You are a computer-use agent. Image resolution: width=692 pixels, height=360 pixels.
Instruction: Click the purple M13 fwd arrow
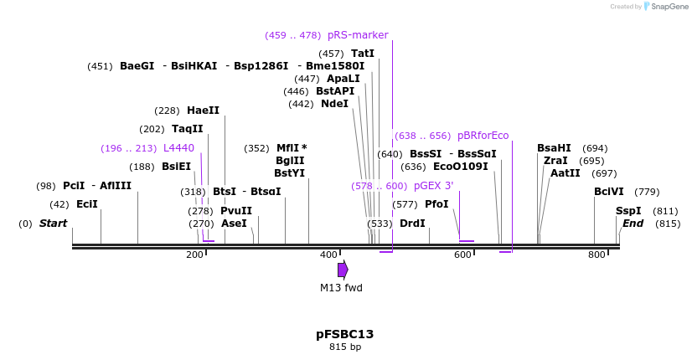pos(343,270)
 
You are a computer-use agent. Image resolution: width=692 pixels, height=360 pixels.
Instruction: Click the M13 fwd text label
pos(341,288)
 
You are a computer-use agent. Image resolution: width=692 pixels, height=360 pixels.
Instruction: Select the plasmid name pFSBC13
pos(344,334)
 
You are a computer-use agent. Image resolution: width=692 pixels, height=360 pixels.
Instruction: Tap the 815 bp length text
pos(344,347)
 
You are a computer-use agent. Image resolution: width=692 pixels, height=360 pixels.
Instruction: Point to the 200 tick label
pos(194,255)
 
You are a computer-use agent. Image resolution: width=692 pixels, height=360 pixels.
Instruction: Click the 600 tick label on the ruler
pos(462,255)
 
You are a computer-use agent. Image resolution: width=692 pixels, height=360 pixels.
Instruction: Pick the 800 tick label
pos(596,255)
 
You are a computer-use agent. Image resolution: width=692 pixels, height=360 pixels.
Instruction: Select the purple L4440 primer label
pos(178,148)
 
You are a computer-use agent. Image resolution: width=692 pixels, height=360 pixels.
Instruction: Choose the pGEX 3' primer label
pos(433,186)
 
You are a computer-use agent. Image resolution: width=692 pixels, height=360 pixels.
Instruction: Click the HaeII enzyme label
pos(203,111)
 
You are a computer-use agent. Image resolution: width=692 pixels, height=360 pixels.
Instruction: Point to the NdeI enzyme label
pos(334,104)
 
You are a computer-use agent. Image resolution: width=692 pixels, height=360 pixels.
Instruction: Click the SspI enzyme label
pos(628,211)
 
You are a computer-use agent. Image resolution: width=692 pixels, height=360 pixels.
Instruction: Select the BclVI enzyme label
pos(609,192)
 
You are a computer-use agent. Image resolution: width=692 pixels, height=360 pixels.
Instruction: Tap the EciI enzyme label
pos(87,204)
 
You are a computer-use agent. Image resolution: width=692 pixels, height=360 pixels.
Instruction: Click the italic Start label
pos(53,224)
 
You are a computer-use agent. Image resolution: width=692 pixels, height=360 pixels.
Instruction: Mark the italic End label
pos(633,224)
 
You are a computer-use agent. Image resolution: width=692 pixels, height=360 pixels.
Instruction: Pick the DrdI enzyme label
pos(412,224)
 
